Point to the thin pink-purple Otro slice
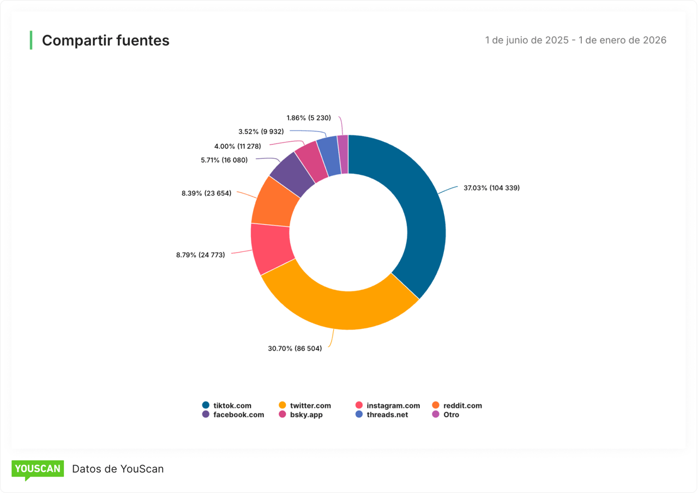pos(343,154)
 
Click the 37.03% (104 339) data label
pos(491,188)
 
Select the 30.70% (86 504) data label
pos(294,348)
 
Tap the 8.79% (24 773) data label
pos(200,255)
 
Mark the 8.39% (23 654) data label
pos(206,193)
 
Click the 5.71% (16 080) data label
pos(224,160)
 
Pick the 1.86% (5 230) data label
pos(308,118)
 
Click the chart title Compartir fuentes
pos(106,40)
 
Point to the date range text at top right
pos(575,40)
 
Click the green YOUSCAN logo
pos(38,469)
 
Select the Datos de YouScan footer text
pos(118,469)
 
